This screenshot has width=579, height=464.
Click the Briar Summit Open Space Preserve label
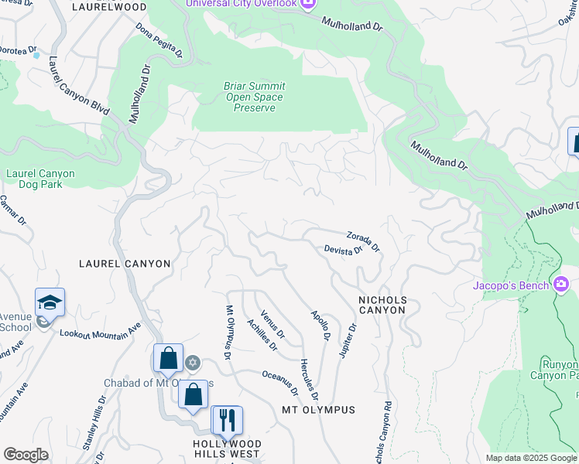(255, 97)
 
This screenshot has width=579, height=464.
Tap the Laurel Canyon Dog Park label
(40, 179)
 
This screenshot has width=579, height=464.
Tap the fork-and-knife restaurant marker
(227, 421)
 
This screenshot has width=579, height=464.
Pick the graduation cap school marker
(50, 303)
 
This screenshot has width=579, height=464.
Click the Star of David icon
(193, 362)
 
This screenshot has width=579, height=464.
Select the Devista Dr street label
(343, 250)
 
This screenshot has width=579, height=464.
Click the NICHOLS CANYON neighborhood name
(382, 304)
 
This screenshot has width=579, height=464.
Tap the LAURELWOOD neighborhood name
(109, 7)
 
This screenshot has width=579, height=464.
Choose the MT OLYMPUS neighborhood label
(318, 410)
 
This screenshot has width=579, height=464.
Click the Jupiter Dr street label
(348, 340)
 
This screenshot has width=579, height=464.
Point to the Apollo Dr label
(320, 326)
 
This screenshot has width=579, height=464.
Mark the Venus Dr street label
(272, 324)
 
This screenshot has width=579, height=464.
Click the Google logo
(26, 455)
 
